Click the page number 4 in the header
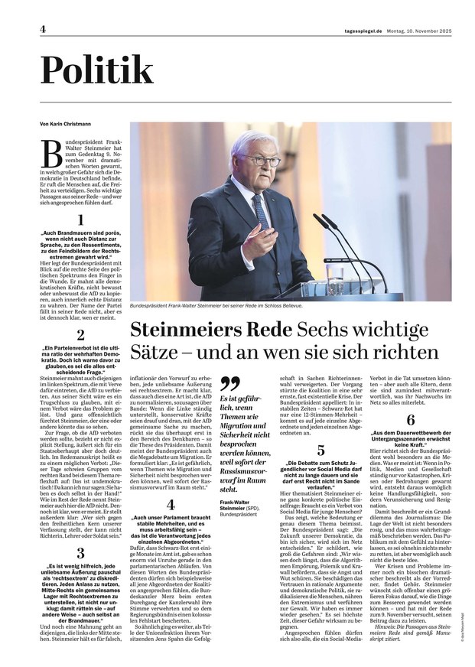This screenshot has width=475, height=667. (44, 29)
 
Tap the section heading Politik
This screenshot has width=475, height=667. (96, 71)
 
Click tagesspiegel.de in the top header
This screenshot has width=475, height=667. (363, 30)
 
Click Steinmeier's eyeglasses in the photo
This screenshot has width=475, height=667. (260, 161)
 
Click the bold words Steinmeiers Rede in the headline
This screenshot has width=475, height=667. (211, 330)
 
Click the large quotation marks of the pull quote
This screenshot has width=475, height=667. (229, 385)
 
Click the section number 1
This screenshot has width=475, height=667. (81, 220)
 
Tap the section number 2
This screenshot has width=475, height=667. (81, 335)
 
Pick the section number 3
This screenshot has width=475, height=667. (81, 554)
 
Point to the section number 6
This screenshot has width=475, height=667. (411, 420)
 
